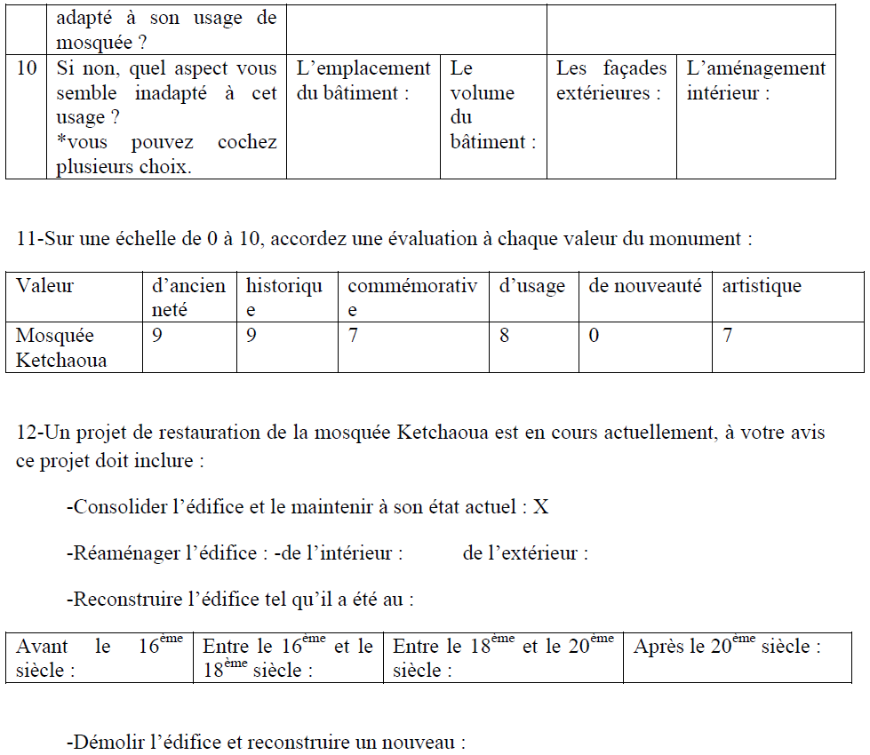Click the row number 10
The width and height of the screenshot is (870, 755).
[x=27, y=69]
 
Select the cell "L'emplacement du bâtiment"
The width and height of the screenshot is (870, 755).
[x=363, y=81]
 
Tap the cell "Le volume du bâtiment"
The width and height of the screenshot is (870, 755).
[x=492, y=105]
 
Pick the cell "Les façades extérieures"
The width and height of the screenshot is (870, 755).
[x=611, y=81]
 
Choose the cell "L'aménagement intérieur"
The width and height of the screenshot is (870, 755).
[x=755, y=81]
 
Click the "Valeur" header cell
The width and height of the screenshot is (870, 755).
[x=45, y=286]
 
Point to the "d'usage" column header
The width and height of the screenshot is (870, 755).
[x=531, y=286]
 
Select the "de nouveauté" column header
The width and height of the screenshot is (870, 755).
[x=644, y=286]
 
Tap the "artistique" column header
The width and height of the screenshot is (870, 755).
[x=761, y=286]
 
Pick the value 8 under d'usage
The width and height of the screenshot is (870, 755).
[x=504, y=337]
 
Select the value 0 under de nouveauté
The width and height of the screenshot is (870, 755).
[x=594, y=337]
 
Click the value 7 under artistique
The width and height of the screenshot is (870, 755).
[x=727, y=337]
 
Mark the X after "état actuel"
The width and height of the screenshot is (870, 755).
[x=540, y=507]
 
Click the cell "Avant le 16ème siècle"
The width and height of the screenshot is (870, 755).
[x=99, y=657]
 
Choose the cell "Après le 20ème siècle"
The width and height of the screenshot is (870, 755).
[x=726, y=647]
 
